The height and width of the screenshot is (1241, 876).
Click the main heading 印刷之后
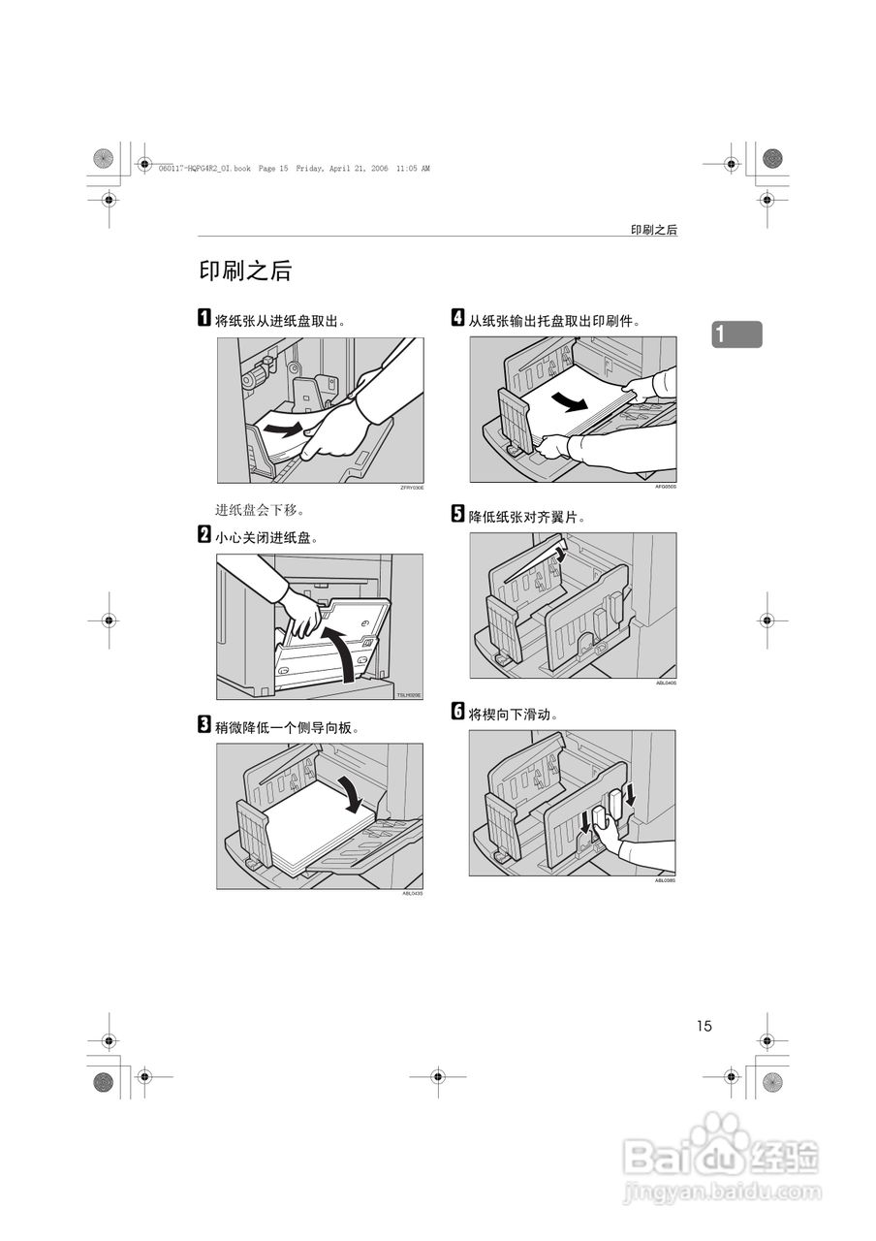[245, 271]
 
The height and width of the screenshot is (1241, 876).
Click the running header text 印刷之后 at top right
[653, 230]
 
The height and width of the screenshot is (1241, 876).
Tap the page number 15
[703, 1026]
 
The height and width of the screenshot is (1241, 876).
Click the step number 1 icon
[204, 320]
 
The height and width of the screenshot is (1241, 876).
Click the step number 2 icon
[204, 535]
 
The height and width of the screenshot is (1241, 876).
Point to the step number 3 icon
[204, 725]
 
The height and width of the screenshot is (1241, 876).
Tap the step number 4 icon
[458, 319]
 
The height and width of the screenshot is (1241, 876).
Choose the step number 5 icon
[458, 516]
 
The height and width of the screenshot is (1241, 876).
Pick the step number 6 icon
[458, 713]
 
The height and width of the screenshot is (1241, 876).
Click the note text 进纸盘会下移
[260, 510]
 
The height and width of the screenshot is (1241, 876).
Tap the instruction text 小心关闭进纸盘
[266, 537]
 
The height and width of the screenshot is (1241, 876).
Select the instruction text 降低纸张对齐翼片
[527, 518]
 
